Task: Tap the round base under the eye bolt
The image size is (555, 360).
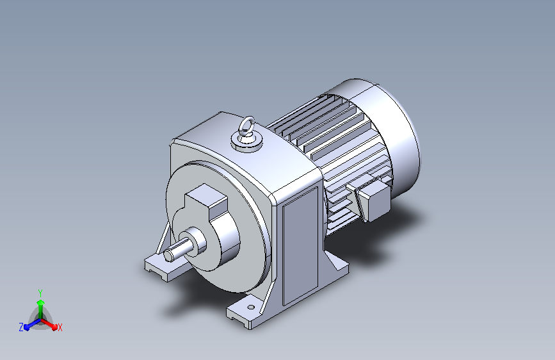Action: pos(247,143)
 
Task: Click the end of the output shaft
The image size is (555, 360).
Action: pos(168,256)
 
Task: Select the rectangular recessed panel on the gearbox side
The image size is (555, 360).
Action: pos(300,246)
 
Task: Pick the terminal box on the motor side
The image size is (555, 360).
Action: pos(373,200)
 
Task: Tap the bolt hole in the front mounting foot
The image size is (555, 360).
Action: pos(250,307)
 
